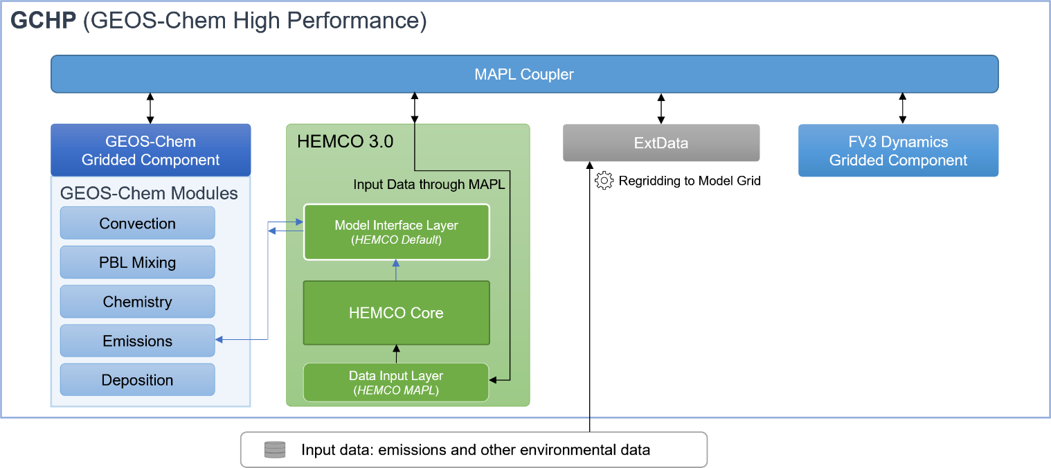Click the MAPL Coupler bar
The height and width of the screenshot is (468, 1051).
click(524, 74)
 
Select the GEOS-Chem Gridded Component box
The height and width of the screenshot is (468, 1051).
click(150, 150)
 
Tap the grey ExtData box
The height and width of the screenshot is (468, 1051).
click(661, 143)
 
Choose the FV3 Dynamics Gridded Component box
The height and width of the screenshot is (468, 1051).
click(898, 151)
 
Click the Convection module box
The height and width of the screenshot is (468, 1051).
click(137, 224)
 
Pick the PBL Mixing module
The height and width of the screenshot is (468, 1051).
click(137, 262)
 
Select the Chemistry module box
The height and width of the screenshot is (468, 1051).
click(137, 302)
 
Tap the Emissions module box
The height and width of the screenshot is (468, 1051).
click(137, 341)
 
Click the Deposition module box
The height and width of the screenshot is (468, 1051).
click(137, 380)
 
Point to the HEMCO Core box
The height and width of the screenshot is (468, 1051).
click(396, 313)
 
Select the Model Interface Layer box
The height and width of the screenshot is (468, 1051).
click(396, 232)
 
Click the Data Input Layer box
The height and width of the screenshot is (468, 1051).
click(396, 382)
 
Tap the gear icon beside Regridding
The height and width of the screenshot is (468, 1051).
click(604, 181)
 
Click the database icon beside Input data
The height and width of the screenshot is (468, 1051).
click(275, 450)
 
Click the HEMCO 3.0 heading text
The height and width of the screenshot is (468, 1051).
click(345, 141)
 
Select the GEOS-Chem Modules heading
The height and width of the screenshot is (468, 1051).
click(149, 193)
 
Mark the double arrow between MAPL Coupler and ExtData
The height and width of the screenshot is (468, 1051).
click(661, 109)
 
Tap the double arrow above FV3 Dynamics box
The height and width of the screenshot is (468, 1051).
click(901, 109)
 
